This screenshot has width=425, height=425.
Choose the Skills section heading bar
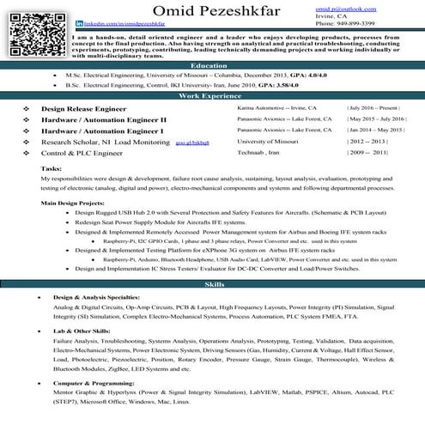212,283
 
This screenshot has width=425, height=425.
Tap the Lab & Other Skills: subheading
82,330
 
